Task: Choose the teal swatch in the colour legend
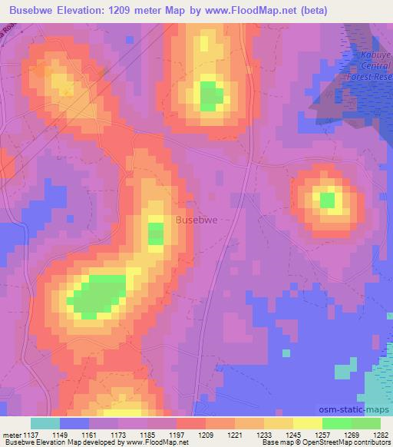point(45,422)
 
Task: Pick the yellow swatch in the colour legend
point(307,422)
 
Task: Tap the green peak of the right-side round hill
point(328,200)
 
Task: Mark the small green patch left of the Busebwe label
point(156,233)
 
